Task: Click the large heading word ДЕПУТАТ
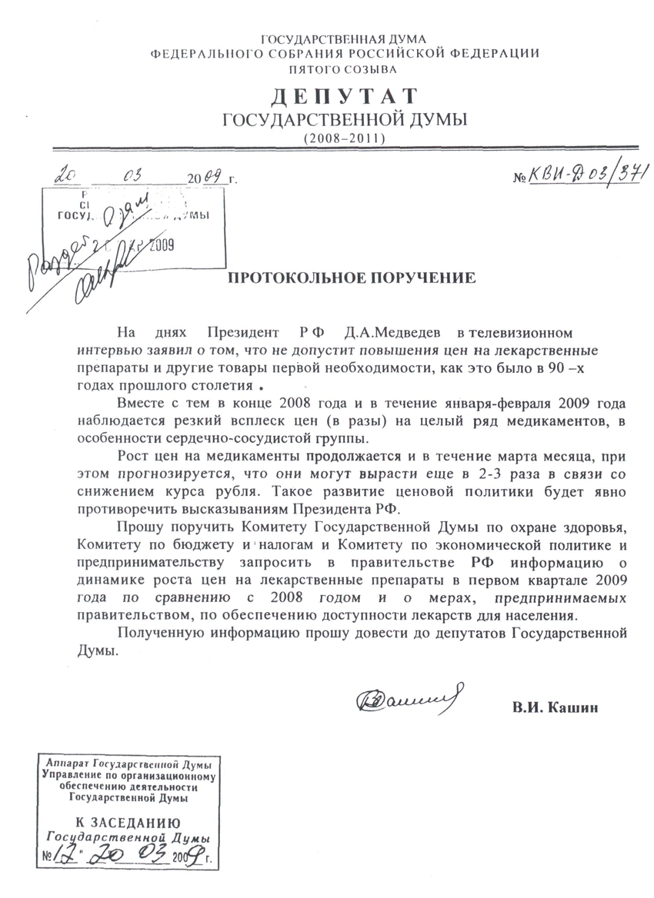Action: pyautogui.click(x=343, y=97)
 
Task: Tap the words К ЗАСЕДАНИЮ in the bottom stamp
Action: pyautogui.click(x=125, y=821)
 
